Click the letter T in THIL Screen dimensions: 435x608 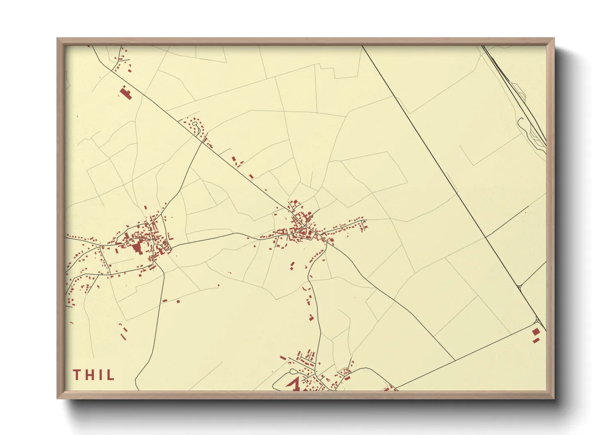click(76, 375)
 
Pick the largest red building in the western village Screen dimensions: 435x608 click(136, 248)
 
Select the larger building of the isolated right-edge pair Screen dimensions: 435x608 click(536, 332)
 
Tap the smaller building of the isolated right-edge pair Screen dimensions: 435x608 click(535, 340)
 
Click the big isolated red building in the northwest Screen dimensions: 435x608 click(125, 93)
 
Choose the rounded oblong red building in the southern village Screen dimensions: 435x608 click(347, 378)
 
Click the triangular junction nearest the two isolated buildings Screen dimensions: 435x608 click(538, 321)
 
